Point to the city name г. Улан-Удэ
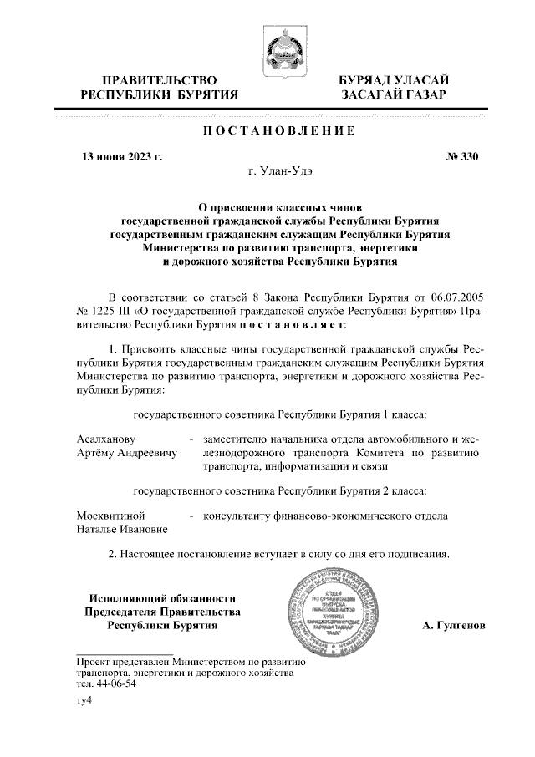click(280, 172)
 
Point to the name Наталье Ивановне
click(122, 530)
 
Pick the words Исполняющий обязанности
click(163, 598)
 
